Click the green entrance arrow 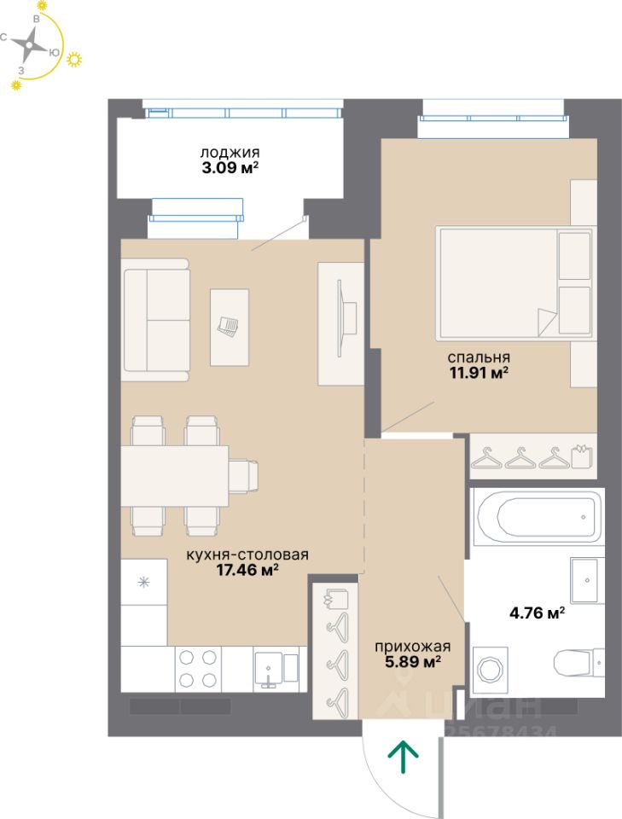tap(403, 758)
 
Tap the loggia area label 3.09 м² tap(230, 168)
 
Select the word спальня tap(479, 357)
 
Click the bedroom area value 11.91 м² tap(479, 373)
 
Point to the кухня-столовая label tap(247, 555)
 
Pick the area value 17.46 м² tap(247, 570)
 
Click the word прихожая tap(413, 648)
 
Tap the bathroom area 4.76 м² tap(537, 613)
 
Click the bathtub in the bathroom tap(538, 517)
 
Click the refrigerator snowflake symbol tap(143, 582)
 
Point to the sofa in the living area tap(156, 320)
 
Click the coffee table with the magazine tap(230, 328)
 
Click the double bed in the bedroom tap(515, 283)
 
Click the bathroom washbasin tap(588, 580)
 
